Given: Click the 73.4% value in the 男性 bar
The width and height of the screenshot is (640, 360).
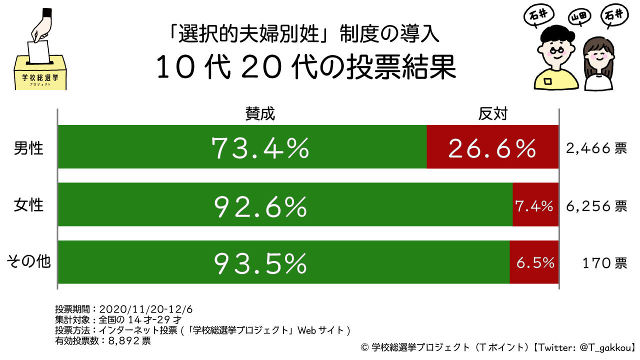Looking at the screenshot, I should (260, 148).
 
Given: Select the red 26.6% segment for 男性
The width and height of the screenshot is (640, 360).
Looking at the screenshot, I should (492, 148).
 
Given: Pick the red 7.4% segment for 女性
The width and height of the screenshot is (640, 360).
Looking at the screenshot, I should (534, 205).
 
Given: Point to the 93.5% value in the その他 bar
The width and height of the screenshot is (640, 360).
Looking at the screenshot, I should (260, 263).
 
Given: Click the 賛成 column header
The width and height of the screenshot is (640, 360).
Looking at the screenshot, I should (260, 114).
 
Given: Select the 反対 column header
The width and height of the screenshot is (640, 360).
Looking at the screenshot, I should (492, 114).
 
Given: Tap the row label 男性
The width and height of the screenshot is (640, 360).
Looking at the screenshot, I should (29, 148).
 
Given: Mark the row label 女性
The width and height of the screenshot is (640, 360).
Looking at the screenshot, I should (29, 205).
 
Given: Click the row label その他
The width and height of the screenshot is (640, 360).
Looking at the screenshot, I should (28, 262).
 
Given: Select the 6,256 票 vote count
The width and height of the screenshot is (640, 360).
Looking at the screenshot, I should (596, 205).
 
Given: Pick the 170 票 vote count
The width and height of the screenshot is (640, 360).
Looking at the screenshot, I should (604, 263).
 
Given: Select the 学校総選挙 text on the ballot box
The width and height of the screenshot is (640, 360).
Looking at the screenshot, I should (39, 78).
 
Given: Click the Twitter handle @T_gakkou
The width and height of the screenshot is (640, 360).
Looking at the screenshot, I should (604, 346).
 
